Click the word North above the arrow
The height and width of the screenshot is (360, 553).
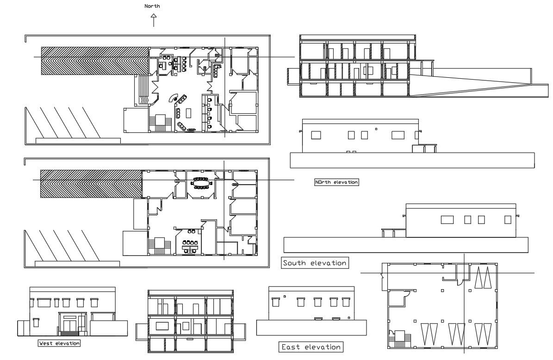(152, 6)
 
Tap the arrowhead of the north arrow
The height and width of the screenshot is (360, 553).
(154, 16)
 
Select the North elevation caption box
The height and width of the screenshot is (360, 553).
(336, 182)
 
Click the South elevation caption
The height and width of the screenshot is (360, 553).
(315, 263)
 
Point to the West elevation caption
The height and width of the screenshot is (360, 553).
(59, 343)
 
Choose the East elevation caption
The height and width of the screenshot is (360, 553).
(311, 347)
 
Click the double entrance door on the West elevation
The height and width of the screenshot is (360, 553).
(69, 323)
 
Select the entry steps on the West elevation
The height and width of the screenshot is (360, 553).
(69, 333)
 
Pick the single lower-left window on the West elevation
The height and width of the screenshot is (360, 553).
(36, 322)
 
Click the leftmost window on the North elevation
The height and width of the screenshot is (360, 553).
(316, 135)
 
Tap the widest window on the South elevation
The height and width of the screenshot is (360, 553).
(447, 220)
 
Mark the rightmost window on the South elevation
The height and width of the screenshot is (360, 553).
(508, 220)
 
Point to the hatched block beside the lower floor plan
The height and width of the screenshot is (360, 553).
(91, 183)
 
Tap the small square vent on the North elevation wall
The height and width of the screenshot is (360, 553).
(376, 129)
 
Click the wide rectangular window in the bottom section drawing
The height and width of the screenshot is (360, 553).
(162, 325)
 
